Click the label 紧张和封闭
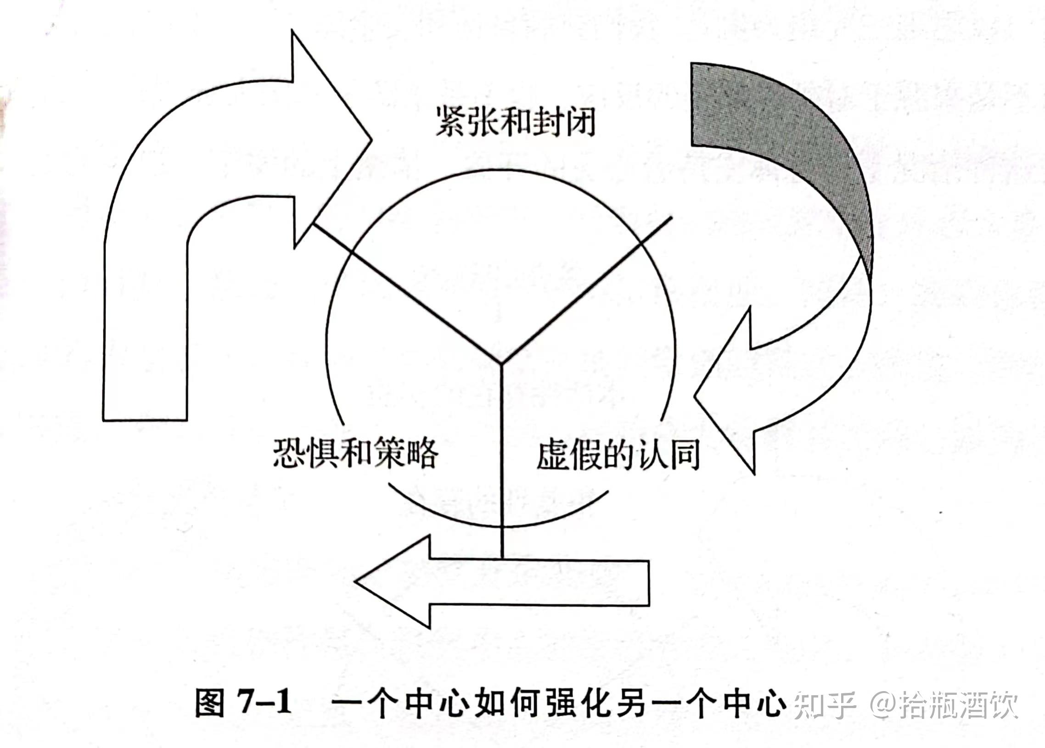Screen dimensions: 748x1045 click(515, 122)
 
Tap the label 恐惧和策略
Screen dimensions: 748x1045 click(355, 453)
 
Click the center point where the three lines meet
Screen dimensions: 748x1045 click(501, 364)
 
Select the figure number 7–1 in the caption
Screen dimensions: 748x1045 click(264, 703)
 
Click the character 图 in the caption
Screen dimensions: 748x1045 click(210, 703)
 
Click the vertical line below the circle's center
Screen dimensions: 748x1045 click(501, 461)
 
